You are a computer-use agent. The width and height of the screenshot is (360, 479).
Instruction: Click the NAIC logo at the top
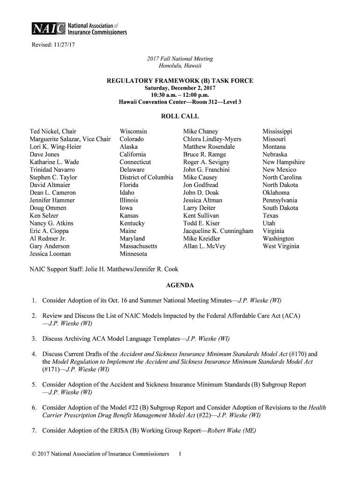(78, 29)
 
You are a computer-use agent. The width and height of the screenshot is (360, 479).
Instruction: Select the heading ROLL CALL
(180, 116)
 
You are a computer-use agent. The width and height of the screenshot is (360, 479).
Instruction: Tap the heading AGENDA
(180, 285)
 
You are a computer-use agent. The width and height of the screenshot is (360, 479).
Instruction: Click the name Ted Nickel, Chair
(53, 131)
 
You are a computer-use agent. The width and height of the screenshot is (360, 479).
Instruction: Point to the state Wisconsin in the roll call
(133, 131)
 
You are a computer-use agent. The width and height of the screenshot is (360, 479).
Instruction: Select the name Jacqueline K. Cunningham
(218, 231)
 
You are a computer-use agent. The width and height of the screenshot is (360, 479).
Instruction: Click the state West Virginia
(281, 247)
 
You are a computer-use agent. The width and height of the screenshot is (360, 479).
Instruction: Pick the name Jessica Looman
(50, 254)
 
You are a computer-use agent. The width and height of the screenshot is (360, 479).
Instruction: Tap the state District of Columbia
(146, 177)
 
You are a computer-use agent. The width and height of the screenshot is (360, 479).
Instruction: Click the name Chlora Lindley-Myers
(212, 139)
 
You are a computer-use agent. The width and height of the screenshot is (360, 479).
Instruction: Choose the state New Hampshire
(283, 162)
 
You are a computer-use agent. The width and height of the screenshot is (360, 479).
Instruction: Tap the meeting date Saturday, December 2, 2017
(180, 88)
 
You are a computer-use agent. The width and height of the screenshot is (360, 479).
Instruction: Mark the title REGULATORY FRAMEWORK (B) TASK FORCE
(180, 81)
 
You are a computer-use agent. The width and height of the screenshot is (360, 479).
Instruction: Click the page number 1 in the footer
(180, 454)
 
